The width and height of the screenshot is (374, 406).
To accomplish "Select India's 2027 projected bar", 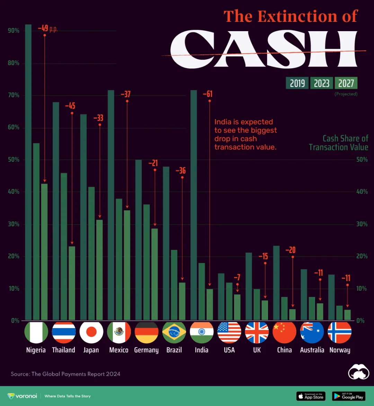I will point(210,305).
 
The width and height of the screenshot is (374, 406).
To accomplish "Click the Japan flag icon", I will point(91,332).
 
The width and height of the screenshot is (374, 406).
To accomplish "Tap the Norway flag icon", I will point(340,332).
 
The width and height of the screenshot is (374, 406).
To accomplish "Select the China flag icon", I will point(284,332).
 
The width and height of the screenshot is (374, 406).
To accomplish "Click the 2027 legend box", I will point(346,83).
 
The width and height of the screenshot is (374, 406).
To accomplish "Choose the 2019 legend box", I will point(297,83).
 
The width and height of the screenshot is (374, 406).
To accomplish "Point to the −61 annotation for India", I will point(207,94).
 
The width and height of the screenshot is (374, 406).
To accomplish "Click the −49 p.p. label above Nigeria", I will point(47,28).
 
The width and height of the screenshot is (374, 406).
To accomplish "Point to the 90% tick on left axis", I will point(14,31).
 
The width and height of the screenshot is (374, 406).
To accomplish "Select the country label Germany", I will point(146,350).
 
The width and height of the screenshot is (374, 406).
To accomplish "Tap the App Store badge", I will point(311,396).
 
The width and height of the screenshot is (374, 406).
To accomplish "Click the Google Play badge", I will point(348,396).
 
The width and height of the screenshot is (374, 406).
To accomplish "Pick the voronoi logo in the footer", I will point(22,396).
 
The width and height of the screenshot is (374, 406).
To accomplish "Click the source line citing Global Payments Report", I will point(65,374).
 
